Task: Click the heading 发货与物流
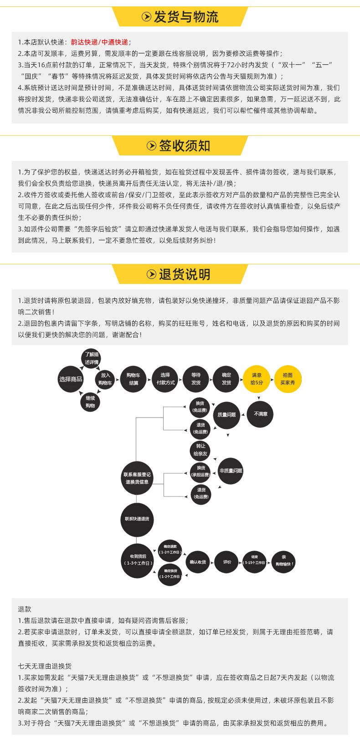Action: tap(186, 17)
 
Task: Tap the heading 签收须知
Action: tap(184, 146)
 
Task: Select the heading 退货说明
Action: tap(184, 274)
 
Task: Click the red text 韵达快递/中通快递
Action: tap(99, 42)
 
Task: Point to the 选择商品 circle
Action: tap(71, 379)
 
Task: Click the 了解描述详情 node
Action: tap(91, 358)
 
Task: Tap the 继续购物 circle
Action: tap(90, 402)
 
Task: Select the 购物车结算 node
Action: tap(134, 379)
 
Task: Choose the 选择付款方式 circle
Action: tap(165, 379)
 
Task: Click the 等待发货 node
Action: tap(196, 379)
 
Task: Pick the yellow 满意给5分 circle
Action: tap(257, 379)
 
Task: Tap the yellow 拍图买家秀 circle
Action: tap(288, 379)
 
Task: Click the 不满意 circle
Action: tap(261, 414)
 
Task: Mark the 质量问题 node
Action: tap(226, 415)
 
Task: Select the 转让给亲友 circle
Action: tap(201, 450)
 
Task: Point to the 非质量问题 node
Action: tap(231, 471)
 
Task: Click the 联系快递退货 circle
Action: tap(137, 519)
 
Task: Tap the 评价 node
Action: tap(227, 562)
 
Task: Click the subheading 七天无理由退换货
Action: tap(45, 666)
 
